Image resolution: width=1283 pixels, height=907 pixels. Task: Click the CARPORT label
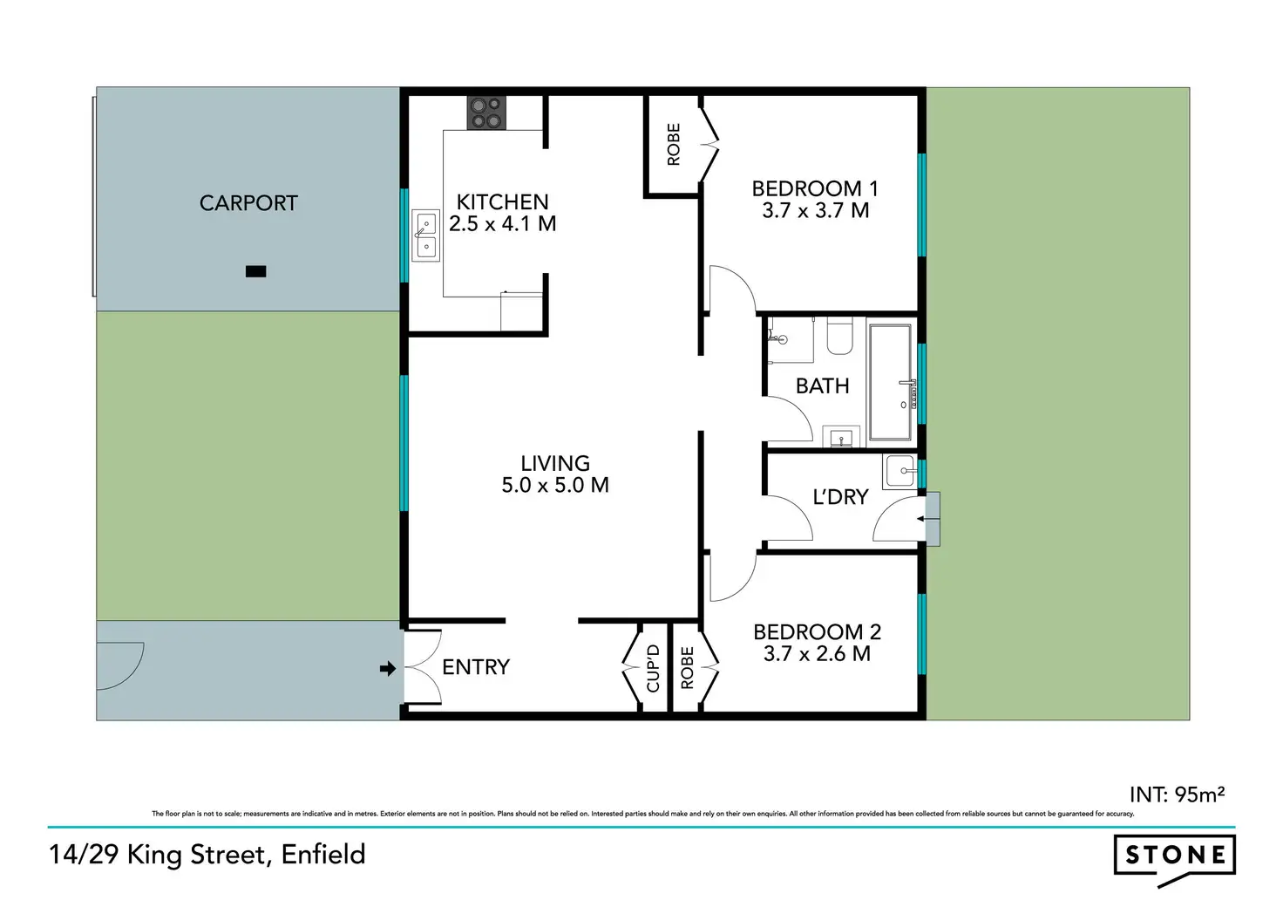point(248,203)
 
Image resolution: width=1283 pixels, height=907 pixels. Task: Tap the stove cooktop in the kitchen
point(486,113)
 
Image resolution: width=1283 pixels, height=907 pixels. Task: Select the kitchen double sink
point(425,235)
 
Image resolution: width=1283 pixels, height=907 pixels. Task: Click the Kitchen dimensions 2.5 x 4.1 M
point(502,224)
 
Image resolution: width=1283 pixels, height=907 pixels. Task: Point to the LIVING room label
point(555,463)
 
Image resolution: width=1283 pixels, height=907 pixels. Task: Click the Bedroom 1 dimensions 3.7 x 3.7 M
point(815,211)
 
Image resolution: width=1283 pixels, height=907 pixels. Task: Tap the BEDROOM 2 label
point(817,631)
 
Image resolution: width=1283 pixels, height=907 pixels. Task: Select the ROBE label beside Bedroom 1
point(673,145)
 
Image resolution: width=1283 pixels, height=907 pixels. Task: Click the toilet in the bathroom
point(839,337)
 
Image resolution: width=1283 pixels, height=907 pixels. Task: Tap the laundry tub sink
point(899,473)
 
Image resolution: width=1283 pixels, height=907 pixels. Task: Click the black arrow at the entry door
point(388,669)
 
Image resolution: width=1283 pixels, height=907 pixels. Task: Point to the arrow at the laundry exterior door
point(922,519)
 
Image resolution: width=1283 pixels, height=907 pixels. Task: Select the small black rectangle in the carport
point(255,271)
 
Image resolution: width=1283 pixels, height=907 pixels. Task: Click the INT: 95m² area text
point(1177,794)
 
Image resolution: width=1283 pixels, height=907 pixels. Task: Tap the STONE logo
point(1174,856)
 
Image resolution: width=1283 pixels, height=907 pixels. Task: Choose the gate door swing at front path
point(120,665)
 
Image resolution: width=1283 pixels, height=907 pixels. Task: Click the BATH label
point(822,385)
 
